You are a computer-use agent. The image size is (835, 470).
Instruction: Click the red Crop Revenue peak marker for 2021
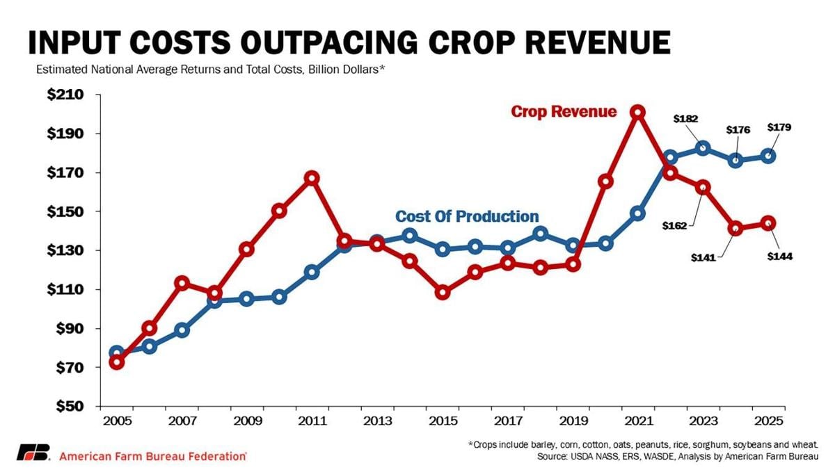tap(637, 112)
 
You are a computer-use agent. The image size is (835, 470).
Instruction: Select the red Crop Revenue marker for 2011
tap(312, 178)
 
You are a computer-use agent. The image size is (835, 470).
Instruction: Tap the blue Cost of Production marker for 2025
tap(768, 156)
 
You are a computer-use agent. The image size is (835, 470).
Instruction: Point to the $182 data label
tap(685, 119)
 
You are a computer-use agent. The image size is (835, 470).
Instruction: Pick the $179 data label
tap(779, 127)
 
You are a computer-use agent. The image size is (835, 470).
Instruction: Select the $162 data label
tap(674, 225)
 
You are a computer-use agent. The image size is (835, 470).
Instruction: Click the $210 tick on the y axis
tap(65, 95)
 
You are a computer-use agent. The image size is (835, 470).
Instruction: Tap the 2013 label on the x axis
tap(376, 421)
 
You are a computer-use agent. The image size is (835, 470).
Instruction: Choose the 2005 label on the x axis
tap(117, 421)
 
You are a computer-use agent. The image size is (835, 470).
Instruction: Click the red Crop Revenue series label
tap(564, 112)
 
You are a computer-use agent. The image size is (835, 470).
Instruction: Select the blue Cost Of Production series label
tap(467, 216)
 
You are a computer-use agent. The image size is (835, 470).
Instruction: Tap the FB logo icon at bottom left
tap(33, 452)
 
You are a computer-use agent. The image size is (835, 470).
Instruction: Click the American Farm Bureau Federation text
tap(153, 456)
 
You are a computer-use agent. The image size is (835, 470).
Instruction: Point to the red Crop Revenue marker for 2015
tap(442, 293)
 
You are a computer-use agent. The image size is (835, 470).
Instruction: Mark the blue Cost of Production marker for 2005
tap(117, 353)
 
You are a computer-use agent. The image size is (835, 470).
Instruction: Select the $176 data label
tap(738, 129)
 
